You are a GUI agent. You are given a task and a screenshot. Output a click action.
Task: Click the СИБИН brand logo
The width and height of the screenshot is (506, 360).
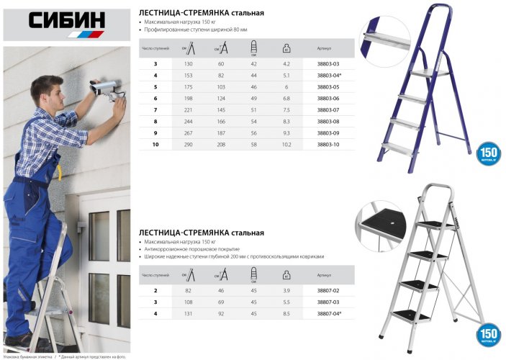click(x=67, y=22)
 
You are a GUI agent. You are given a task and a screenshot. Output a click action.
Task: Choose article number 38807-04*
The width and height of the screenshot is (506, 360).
click(x=327, y=313)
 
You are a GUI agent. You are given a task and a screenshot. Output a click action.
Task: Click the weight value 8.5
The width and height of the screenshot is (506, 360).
click(x=286, y=313)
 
